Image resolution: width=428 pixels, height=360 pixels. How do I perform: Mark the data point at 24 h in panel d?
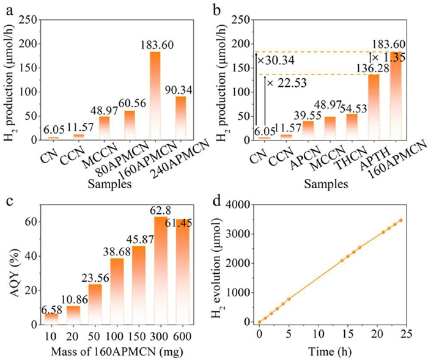coord(400,220)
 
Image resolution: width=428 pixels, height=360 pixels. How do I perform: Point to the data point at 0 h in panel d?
coord(259,321)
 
